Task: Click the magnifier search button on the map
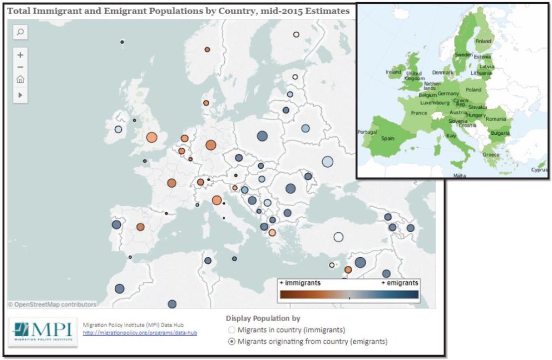point(20,32)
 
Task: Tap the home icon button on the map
point(20,80)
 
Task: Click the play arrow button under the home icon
point(20,95)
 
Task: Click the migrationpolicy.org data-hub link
point(140,333)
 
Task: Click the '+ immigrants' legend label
point(300,283)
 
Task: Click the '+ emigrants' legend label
point(399,283)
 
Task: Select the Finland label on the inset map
point(483,41)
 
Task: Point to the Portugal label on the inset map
point(368,132)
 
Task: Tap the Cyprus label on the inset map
point(539,169)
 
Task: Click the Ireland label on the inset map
point(394,72)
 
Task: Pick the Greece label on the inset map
point(491,155)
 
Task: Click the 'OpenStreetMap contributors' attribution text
point(52,304)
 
